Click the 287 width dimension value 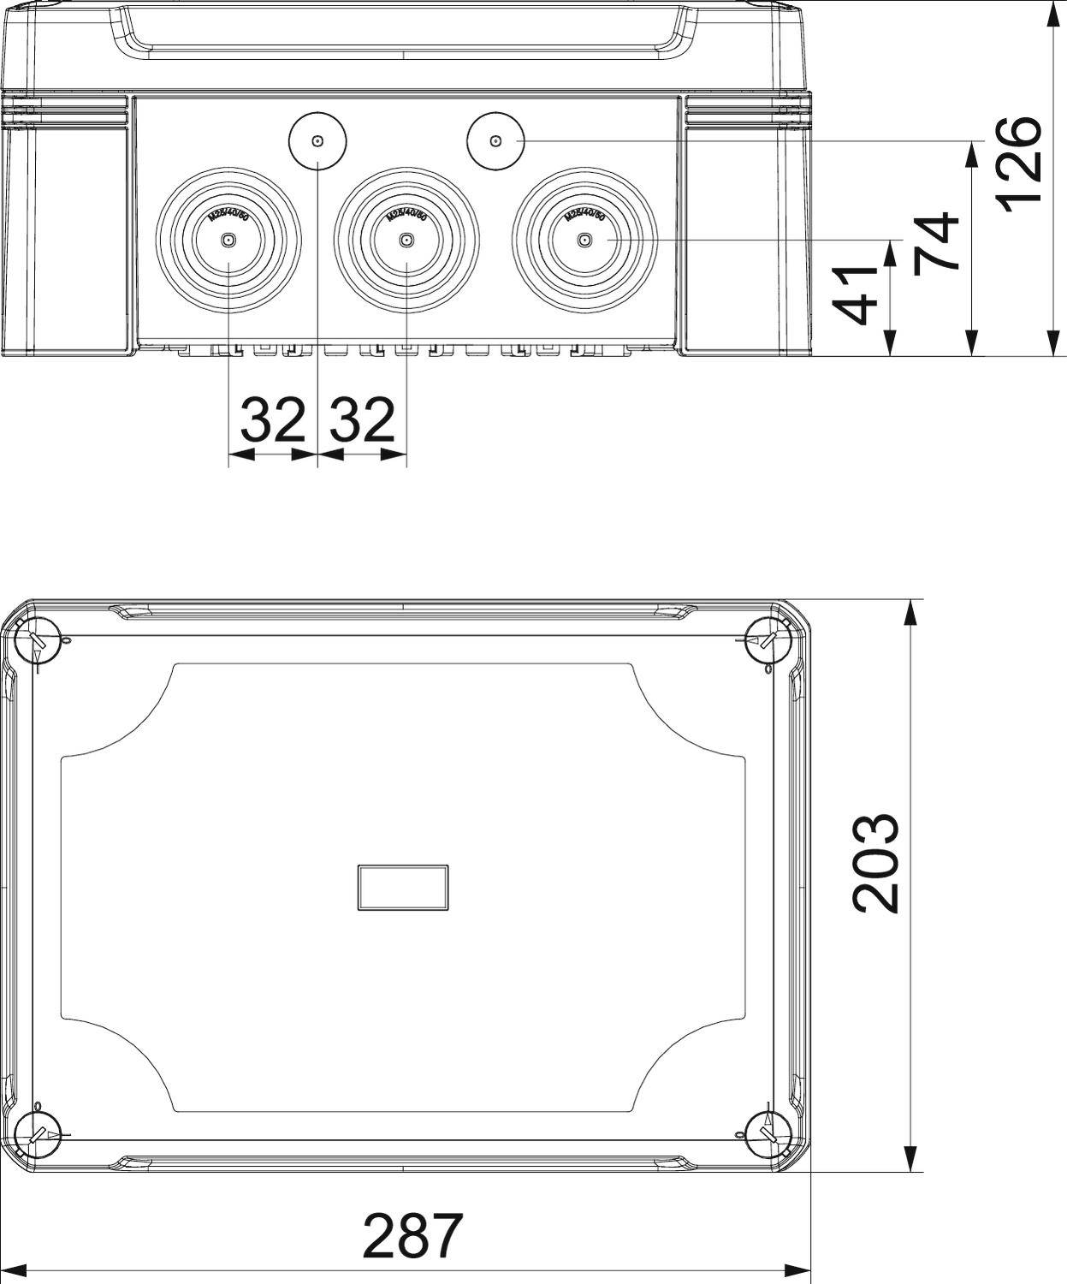point(412,1235)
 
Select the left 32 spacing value point(273,419)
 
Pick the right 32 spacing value point(363,419)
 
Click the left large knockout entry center point(228,241)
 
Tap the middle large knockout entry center point(406,241)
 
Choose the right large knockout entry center point(584,241)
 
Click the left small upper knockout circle point(317,141)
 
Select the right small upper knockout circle point(495,141)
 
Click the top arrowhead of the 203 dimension point(912,611)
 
